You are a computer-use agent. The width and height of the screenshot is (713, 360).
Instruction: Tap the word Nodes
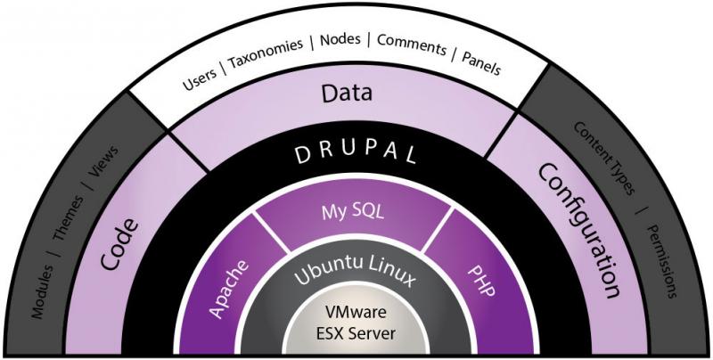pyautogui.click(x=340, y=42)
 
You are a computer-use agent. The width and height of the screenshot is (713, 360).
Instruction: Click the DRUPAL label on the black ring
pyautogui.click(x=357, y=152)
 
